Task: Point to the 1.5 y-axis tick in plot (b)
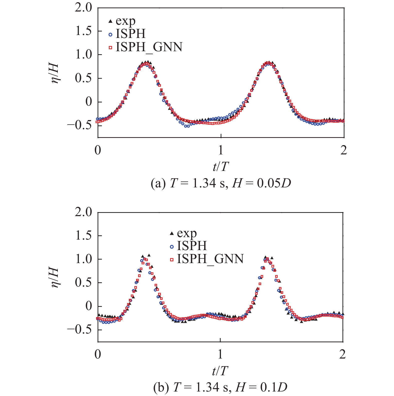84,235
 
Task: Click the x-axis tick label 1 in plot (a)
221,150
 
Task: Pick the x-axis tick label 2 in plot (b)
342,355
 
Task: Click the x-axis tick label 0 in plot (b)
98,355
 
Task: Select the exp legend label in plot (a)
125,21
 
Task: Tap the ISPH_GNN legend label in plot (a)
149,47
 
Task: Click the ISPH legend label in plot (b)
192,246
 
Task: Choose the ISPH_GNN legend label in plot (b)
210,259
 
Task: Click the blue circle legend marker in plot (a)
110,34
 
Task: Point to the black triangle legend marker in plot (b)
172,233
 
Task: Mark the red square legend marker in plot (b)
172,260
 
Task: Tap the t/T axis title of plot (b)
220,371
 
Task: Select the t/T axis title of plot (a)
221,166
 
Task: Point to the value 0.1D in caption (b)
274,388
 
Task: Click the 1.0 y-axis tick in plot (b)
84,259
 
